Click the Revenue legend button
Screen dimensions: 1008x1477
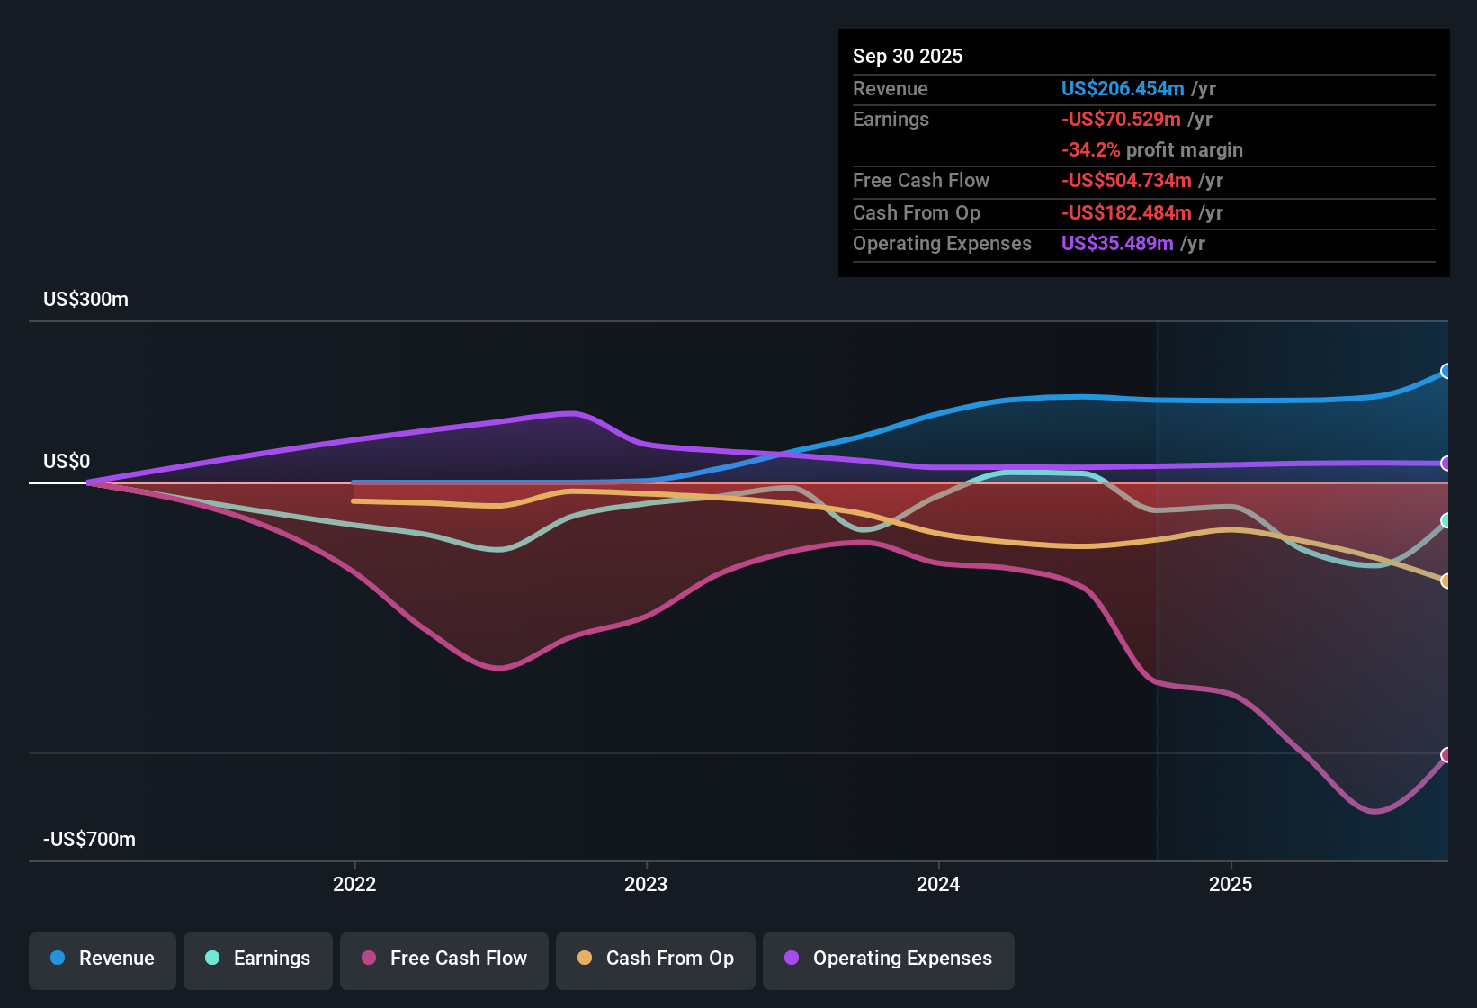[x=103, y=958]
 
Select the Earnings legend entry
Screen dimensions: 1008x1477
[x=258, y=958]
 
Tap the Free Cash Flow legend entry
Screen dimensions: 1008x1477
[x=444, y=958]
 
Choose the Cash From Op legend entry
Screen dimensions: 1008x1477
[x=656, y=958]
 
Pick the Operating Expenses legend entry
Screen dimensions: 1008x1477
[x=889, y=958]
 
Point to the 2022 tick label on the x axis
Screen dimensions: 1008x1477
[x=354, y=884]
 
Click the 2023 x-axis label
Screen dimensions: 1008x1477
[x=646, y=884]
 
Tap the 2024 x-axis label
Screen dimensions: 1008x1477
[x=938, y=884]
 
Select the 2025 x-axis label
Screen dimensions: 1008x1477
[x=1231, y=884]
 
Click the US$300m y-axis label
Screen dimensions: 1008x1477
[x=85, y=300]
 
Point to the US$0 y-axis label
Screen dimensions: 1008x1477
[x=67, y=462]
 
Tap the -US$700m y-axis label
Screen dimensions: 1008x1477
[x=89, y=840]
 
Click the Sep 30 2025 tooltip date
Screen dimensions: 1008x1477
[x=907, y=57]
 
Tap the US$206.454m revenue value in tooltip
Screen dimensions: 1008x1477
[x=1122, y=89]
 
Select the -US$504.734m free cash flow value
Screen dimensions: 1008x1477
[x=1126, y=181]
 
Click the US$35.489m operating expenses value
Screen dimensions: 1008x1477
[x=1116, y=244]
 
